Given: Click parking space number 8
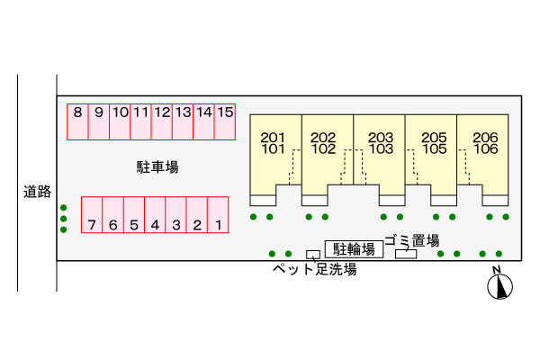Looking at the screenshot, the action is pyautogui.click(x=77, y=122).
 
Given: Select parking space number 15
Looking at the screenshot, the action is pyautogui.click(x=225, y=122).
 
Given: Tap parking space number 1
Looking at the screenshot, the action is pyautogui.click(x=218, y=215).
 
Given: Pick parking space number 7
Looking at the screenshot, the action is pyautogui.click(x=92, y=215).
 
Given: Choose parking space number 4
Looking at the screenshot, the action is pyautogui.click(x=155, y=215).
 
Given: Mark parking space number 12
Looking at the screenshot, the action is pyautogui.click(x=162, y=122).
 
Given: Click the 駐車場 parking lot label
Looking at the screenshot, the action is pyautogui.click(x=157, y=167).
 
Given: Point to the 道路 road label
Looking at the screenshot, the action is pyautogui.click(x=37, y=192).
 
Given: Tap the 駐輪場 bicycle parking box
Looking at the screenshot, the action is pyautogui.click(x=354, y=249).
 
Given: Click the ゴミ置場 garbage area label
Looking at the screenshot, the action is pyautogui.click(x=412, y=240).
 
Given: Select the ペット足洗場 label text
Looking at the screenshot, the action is pyautogui.click(x=315, y=269).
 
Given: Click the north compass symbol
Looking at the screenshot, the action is pyautogui.click(x=499, y=285).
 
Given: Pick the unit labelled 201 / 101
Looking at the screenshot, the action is pyautogui.click(x=276, y=156).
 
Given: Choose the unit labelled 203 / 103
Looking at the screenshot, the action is pyautogui.click(x=379, y=156).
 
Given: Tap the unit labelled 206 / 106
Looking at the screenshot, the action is pyautogui.click(x=482, y=156).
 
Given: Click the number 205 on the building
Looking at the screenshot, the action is pyautogui.click(x=434, y=138).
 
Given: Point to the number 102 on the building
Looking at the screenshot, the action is pyautogui.click(x=323, y=149).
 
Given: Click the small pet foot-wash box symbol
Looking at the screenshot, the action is pyautogui.click(x=313, y=255).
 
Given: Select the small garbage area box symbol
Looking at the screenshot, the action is pyautogui.click(x=406, y=254).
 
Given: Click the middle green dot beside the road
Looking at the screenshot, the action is pyautogui.click(x=63, y=219).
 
